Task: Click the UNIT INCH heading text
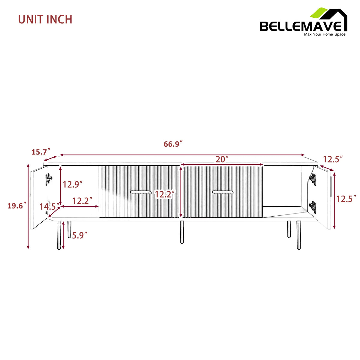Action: [45, 19]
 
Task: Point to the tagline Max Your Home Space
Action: [325, 34]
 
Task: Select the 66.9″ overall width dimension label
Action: [173, 144]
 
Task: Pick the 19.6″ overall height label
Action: [17, 205]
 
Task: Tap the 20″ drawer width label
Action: [222, 159]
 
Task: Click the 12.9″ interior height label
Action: [72, 184]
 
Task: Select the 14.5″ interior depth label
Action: [49, 206]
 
